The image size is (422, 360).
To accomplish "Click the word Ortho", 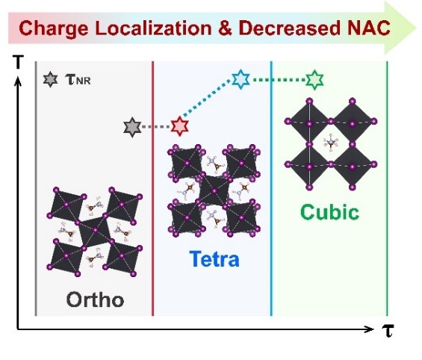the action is click(95, 300).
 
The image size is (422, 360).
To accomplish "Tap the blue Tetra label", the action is click(214, 258).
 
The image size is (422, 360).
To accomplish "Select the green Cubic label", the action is click(329, 212).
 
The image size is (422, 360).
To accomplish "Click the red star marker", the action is click(180, 126).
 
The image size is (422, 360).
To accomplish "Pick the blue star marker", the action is click(241, 79).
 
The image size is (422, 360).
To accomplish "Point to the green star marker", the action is click(314, 80).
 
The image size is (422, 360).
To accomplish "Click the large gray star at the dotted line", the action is click(132, 127).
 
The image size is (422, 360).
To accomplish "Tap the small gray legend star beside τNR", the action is click(50, 79).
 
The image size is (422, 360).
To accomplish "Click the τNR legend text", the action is click(78, 80).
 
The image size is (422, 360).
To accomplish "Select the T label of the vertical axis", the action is click(18, 62).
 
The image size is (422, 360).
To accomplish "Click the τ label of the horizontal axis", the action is click(388, 330).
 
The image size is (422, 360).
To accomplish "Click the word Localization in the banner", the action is click(153, 28).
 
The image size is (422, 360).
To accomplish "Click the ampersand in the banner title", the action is click(226, 28).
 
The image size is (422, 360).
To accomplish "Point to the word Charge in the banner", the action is click(53, 28).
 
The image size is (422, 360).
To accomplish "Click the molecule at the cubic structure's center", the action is click(331, 143).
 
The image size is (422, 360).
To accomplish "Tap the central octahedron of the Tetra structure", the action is click(214, 190).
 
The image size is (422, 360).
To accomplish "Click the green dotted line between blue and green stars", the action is click(279, 80).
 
